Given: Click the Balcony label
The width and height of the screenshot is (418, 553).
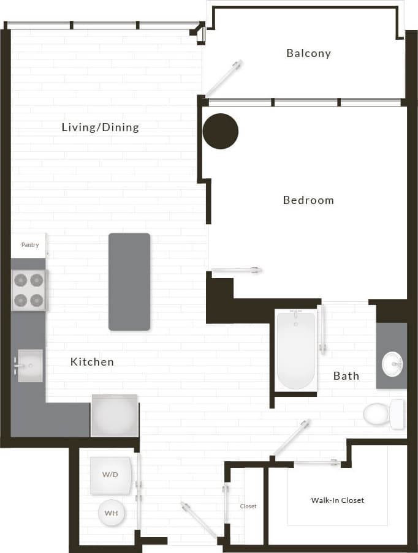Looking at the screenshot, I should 308,53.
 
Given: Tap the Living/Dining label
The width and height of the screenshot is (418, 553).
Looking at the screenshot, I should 101,127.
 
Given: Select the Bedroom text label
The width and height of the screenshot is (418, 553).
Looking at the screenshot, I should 308,200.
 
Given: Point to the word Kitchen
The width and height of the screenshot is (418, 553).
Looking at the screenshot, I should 92,362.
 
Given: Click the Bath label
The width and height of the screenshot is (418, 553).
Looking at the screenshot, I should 346,376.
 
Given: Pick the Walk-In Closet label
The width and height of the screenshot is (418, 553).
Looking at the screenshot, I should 337,500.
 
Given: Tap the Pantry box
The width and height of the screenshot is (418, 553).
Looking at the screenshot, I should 29,245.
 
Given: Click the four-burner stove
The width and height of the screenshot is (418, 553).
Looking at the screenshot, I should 29,290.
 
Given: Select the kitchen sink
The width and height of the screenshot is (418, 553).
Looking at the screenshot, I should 29,366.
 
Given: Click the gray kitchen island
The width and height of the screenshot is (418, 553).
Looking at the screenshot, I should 129,282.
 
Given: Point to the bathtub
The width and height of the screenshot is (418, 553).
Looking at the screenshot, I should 295,350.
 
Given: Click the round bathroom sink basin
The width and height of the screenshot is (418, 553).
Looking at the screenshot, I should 392,365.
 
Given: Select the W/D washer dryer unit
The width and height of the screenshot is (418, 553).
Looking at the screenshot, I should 111,475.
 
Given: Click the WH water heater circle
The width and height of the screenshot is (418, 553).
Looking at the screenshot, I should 112,513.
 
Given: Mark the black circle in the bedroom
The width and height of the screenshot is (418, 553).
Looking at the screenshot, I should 221,131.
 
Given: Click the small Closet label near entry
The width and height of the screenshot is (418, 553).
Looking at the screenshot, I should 248,506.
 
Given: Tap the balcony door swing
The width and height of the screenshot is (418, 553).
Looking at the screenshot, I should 224,78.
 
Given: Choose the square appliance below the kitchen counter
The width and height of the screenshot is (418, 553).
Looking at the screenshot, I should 115,415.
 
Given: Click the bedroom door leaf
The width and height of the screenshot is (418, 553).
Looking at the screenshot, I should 237,269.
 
